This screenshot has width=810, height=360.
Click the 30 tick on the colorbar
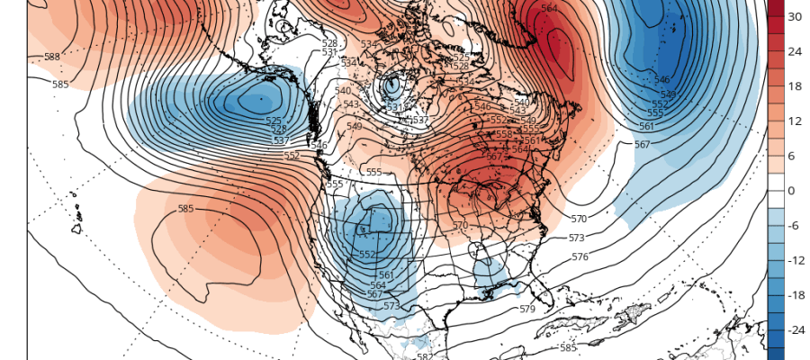[x=796, y=17]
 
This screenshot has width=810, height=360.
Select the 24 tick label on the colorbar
[x=796, y=51]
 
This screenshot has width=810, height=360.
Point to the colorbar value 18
[x=796, y=86]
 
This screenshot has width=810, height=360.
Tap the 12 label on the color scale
[x=796, y=121]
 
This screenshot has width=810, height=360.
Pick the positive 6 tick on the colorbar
[x=794, y=156]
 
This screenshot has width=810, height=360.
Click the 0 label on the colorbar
[x=792, y=191]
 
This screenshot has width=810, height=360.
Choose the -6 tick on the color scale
[x=794, y=226]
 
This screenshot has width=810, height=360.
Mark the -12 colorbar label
[x=796, y=260]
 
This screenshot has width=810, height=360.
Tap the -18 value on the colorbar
[x=796, y=295]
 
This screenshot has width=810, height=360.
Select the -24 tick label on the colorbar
[x=796, y=330]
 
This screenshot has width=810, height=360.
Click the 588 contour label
[x=52, y=57]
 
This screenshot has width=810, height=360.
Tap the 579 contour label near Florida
[x=527, y=309]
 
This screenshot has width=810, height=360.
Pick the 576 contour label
[x=580, y=256]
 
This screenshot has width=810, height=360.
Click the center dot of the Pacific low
[x=260, y=99]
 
